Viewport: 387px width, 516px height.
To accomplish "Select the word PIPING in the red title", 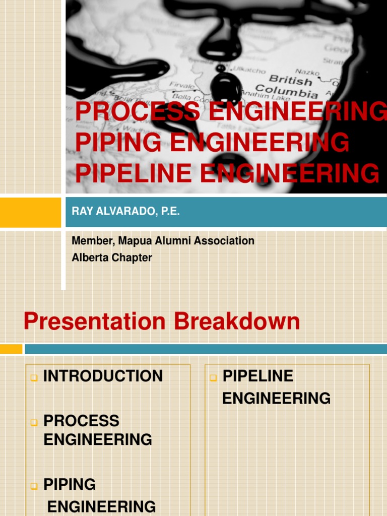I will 119,142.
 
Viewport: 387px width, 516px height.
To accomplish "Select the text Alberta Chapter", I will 112,257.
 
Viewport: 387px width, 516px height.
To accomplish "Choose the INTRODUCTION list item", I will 103,376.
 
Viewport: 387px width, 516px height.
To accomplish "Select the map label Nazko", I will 307,72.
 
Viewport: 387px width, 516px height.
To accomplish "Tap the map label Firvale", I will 181,85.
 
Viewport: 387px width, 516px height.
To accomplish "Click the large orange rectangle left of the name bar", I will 30,212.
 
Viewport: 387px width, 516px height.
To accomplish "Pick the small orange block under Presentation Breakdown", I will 11,349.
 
